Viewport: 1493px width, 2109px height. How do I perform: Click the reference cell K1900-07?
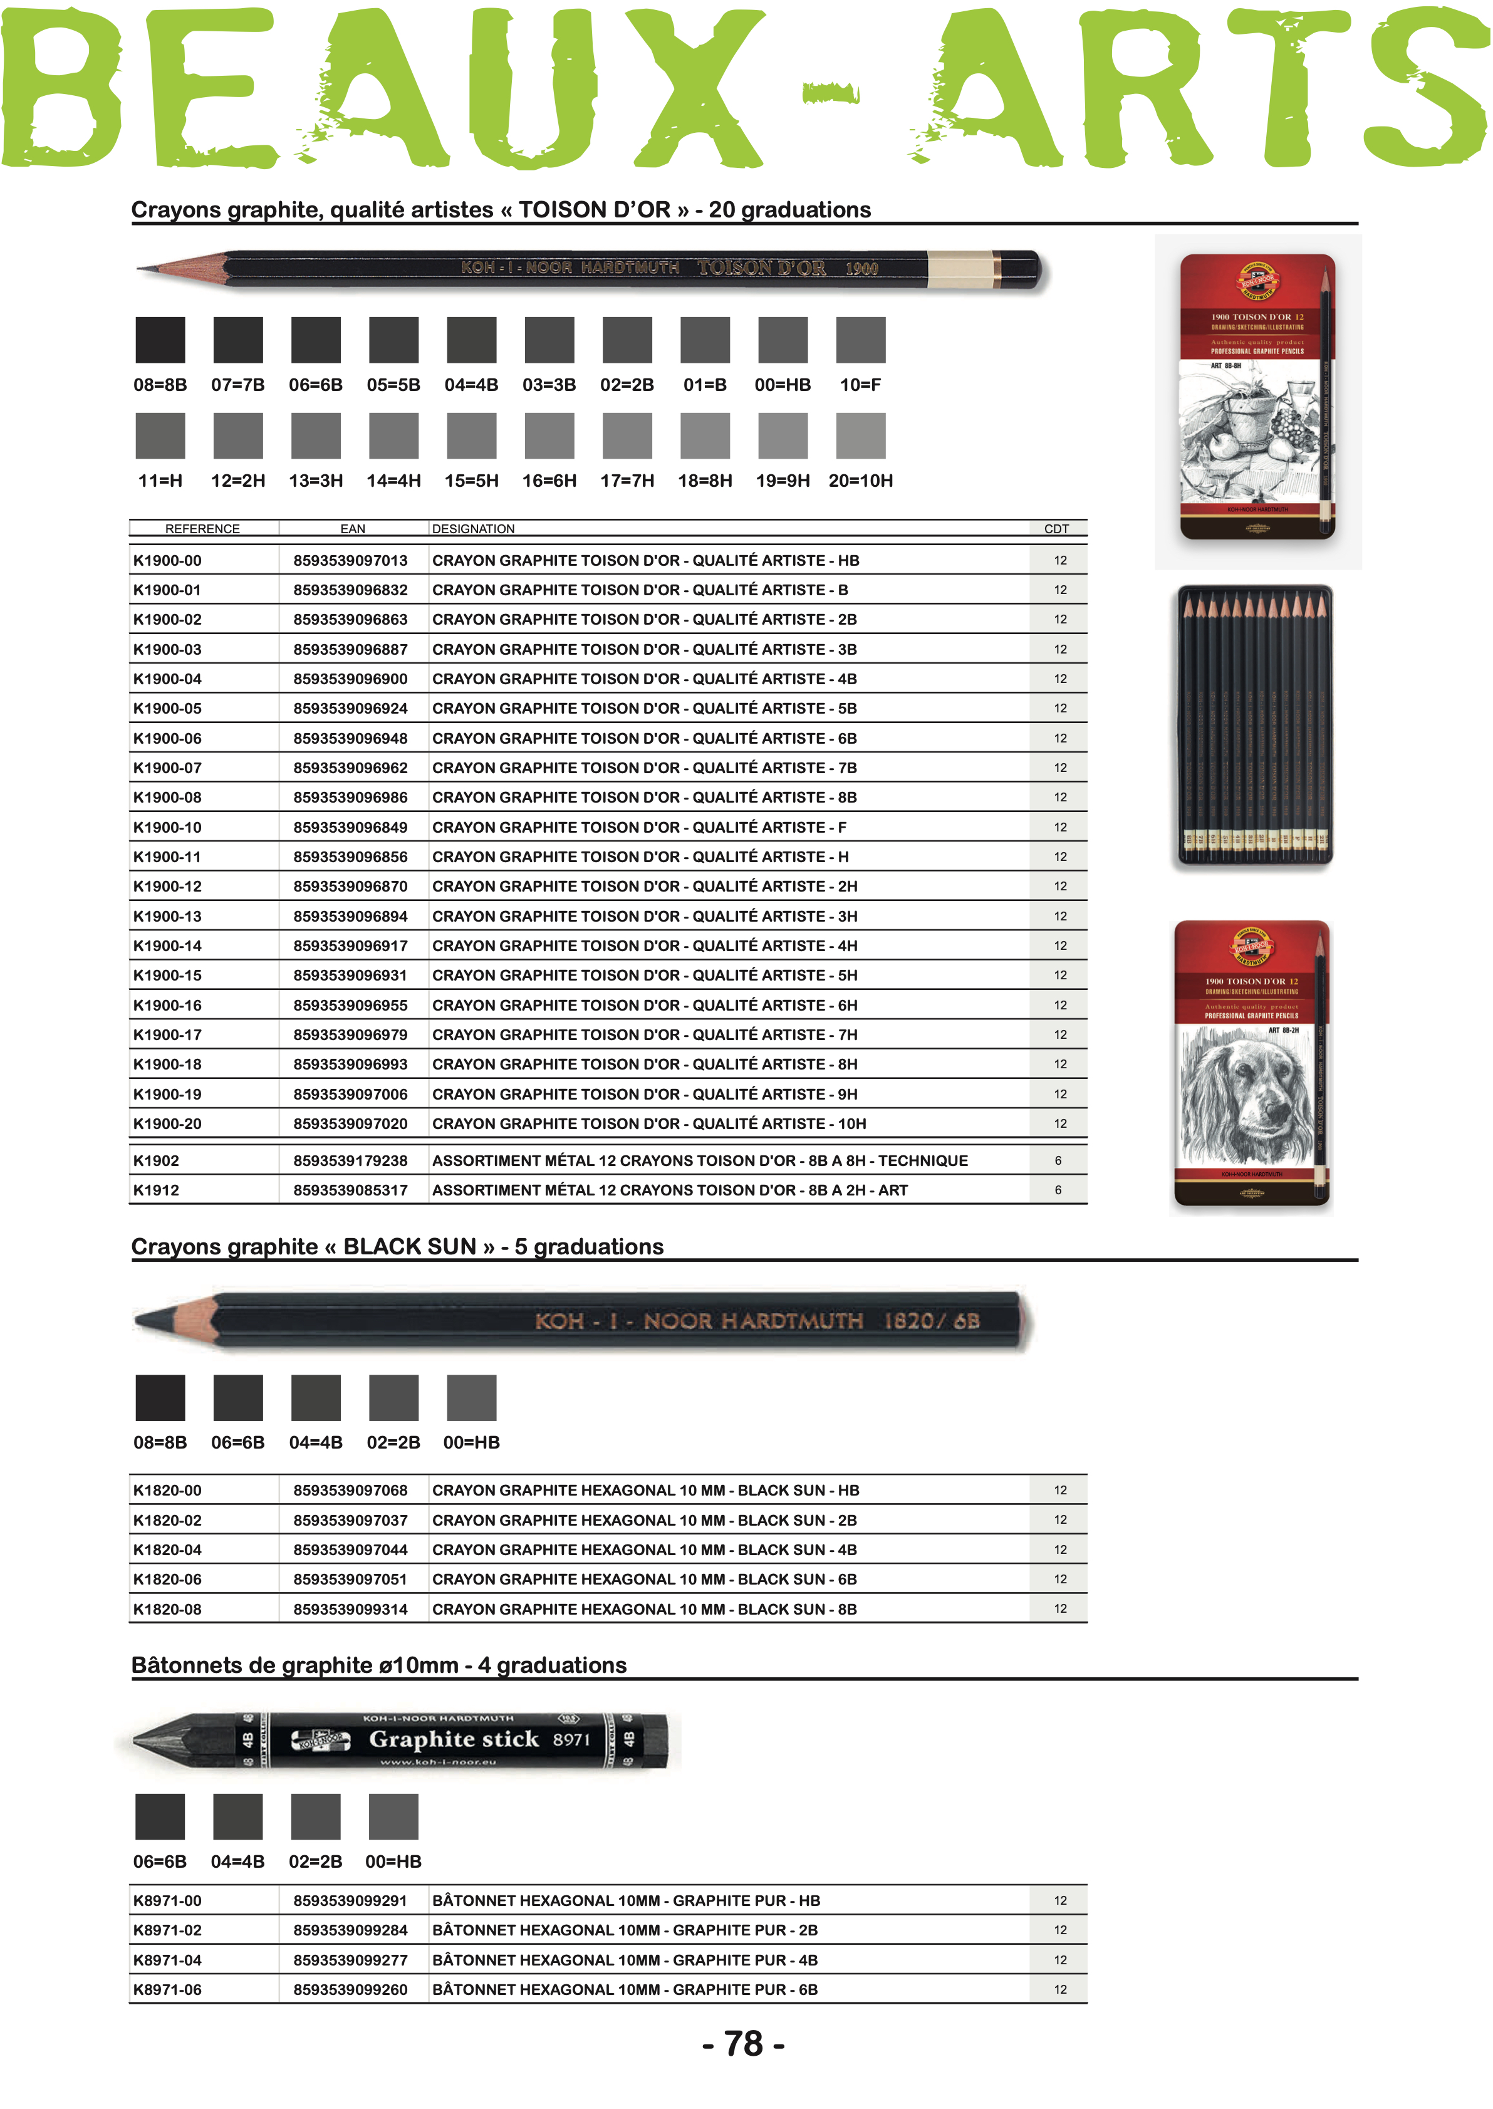pyautogui.click(x=167, y=768)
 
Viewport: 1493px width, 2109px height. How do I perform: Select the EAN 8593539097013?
pyautogui.click(x=350, y=560)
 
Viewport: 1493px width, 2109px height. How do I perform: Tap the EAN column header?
pyautogui.click(x=352, y=529)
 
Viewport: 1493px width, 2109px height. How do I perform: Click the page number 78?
pyautogui.click(x=743, y=2043)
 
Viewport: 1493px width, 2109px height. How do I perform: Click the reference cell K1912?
pyautogui.click(x=156, y=1190)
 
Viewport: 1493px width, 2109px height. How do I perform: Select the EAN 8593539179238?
pyautogui.click(x=350, y=1160)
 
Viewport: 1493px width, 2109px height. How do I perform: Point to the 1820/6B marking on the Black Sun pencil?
pyautogui.click(x=930, y=1321)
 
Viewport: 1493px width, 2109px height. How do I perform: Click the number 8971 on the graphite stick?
pyautogui.click(x=571, y=1739)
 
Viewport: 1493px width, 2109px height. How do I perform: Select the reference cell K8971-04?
pyautogui.click(x=167, y=1959)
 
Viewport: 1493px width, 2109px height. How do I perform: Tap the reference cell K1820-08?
pyautogui.click(x=167, y=1609)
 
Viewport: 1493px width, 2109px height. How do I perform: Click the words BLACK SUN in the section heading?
pyautogui.click(x=409, y=1247)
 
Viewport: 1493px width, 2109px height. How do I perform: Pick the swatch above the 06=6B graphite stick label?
pyautogui.click(x=160, y=1816)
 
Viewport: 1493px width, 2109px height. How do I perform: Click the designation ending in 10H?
pyautogui.click(x=649, y=1123)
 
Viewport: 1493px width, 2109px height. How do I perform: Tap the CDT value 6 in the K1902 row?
pyautogui.click(x=1058, y=1160)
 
